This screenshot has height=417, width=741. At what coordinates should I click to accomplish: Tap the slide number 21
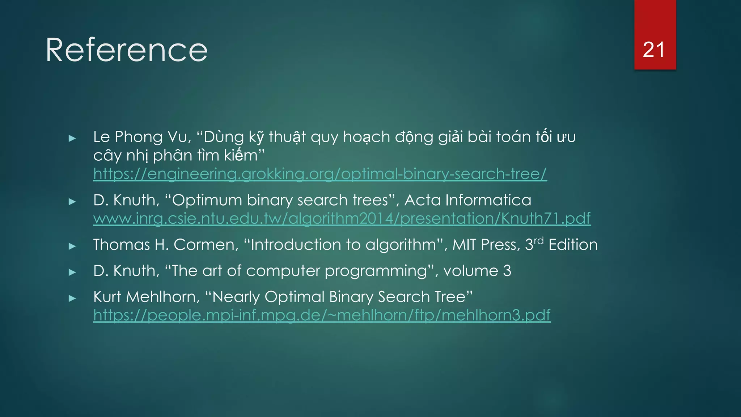tap(654, 50)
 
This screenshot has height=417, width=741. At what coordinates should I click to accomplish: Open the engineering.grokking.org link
tap(320, 174)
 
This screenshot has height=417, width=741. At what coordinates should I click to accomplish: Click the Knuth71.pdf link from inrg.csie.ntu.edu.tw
tap(342, 219)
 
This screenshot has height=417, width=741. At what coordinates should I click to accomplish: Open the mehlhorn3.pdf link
tap(322, 315)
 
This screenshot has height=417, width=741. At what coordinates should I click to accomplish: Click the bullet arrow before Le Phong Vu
tap(72, 138)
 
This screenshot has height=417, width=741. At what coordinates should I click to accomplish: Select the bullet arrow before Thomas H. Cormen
tap(72, 246)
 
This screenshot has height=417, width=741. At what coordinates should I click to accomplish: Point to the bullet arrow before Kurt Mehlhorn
tap(72, 298)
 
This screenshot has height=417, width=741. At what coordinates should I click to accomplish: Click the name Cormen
tap(206, 245)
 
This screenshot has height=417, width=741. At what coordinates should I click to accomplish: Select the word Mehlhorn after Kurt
tap(163, 297)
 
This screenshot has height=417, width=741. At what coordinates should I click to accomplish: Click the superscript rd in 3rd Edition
tap(539, 241)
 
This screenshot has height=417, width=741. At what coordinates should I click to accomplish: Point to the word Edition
tap(573, 245)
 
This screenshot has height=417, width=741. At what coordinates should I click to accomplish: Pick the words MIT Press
tap(486, 245)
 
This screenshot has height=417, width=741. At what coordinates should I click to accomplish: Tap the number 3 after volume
tap(507, 271)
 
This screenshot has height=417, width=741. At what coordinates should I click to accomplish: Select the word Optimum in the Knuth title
tap(207, 200)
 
